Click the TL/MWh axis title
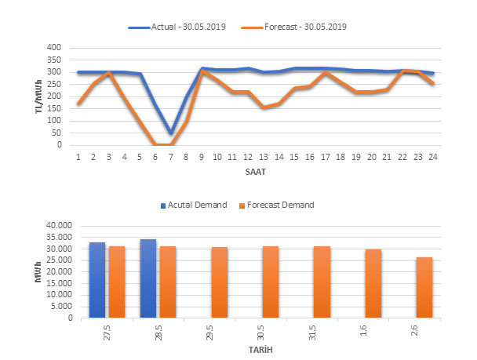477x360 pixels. [x=38, y=96]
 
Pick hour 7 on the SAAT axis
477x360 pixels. [x=171, y=157]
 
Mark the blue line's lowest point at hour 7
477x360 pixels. [x=171, y=133]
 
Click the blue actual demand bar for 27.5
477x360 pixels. [x=97, y=281]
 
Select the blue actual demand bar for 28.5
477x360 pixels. [x=148, y=278]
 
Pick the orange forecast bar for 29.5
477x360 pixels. [x=220, y=282]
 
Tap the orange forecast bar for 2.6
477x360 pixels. [x=424, y=288]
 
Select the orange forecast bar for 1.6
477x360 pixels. [x=373, y=284]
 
